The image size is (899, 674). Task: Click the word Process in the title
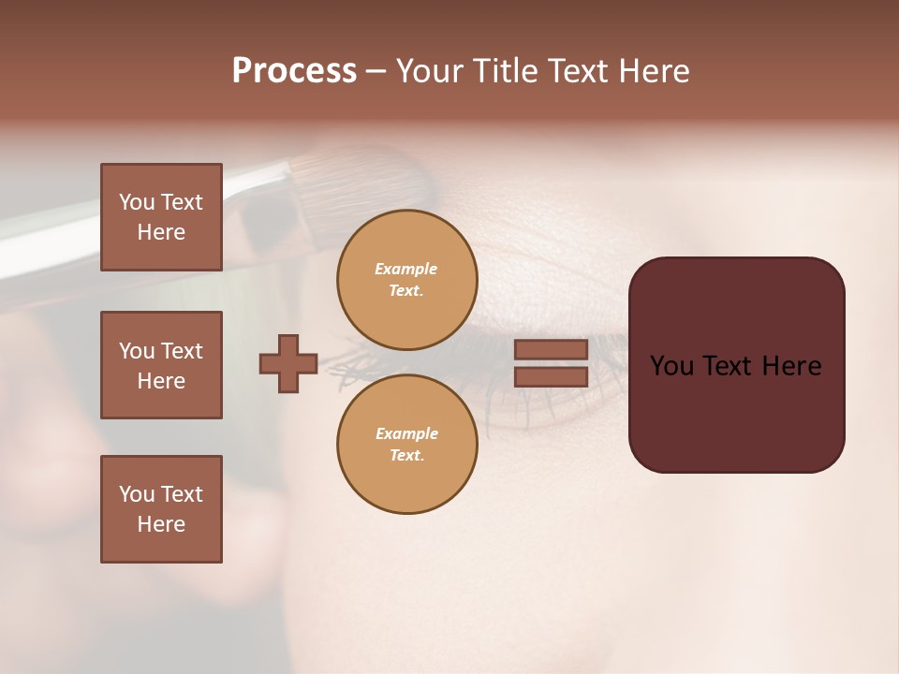[294, 71]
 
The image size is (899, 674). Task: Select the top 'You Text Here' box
[161, 217]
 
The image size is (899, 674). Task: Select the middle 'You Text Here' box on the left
[161, 365]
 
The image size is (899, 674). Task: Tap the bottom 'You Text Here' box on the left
[161, 509]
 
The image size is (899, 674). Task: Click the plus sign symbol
[288, 363]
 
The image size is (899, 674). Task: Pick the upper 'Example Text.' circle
[406, 279]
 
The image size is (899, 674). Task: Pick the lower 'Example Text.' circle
[406, 444]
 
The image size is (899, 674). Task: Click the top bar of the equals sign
[551, 349]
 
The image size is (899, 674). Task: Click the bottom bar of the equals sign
[551, 376]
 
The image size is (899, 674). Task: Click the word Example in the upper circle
[405, 269]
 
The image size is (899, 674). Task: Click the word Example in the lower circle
[405, 433]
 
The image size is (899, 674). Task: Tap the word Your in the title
[427, 71]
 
